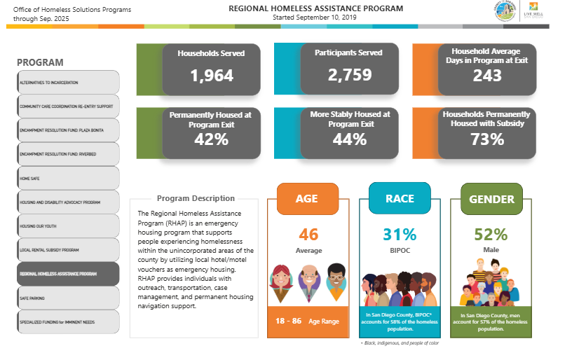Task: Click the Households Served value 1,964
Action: point(211,76)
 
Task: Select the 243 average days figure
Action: point(487,76)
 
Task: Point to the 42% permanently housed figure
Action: point(211,139)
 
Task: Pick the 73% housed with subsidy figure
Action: point(487,139)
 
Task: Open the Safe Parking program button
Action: point(67,298)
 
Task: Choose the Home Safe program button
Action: point(67,179)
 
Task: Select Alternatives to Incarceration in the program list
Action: point(67,83)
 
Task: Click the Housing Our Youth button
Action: point(67,226)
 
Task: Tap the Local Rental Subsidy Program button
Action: point(67,249)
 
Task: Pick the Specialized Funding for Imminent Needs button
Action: point(67,322)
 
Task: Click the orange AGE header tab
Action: point(306,198)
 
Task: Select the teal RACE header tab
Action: point(400,198)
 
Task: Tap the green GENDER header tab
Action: point(491,199)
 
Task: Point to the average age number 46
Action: point(308,235)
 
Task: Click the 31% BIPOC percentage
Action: point(400,235)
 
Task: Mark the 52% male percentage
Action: point(491,235)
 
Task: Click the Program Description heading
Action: point(196,198)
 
